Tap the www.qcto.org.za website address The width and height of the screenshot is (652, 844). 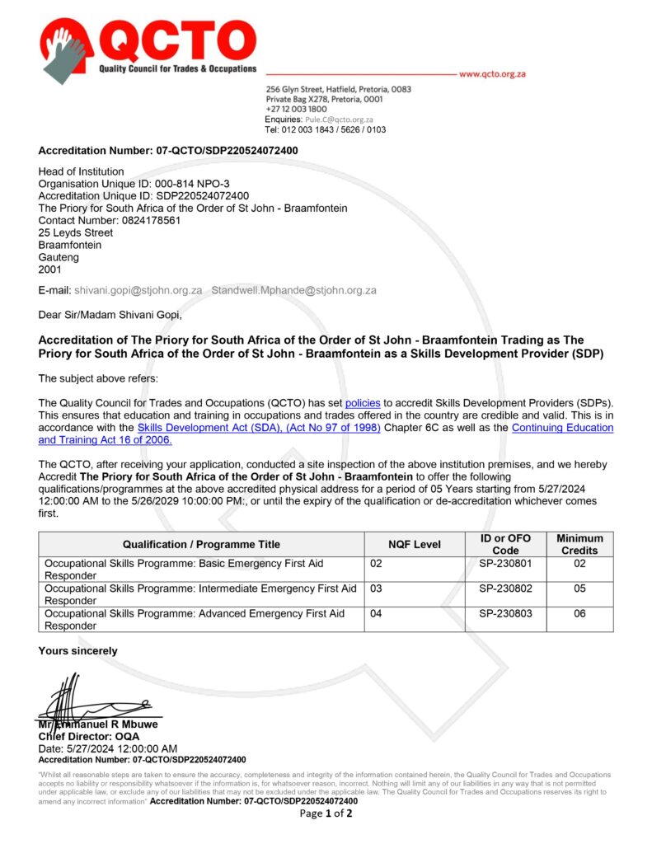[492, 74]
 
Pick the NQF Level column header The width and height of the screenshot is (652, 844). [415, 544]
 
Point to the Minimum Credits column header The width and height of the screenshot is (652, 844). [579, 544]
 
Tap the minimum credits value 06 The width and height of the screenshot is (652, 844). [579, 614]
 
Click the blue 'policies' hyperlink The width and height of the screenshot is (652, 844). [363, 403]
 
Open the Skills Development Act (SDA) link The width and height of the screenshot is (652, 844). [259, 428]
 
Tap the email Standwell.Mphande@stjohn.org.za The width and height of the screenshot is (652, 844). [294, 290]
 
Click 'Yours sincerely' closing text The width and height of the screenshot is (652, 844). [77, 651]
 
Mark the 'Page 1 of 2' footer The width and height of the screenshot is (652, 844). [326, 814]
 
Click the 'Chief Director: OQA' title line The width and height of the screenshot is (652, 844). [89, 736]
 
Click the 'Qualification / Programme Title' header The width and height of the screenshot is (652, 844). [201, 544]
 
